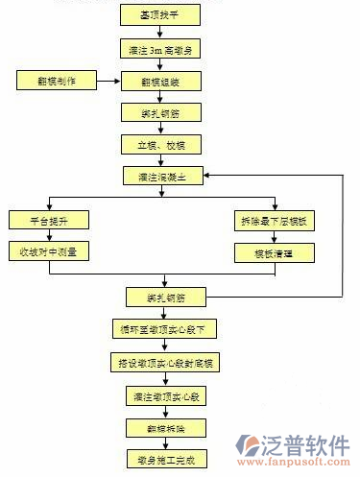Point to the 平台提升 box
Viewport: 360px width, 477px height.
point(50,220)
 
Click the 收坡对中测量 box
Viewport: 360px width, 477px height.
point(50,251)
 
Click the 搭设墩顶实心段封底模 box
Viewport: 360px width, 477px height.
point(160,362)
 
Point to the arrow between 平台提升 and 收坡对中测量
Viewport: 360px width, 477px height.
point(50,236)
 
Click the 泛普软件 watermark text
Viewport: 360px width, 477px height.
point(306,444)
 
